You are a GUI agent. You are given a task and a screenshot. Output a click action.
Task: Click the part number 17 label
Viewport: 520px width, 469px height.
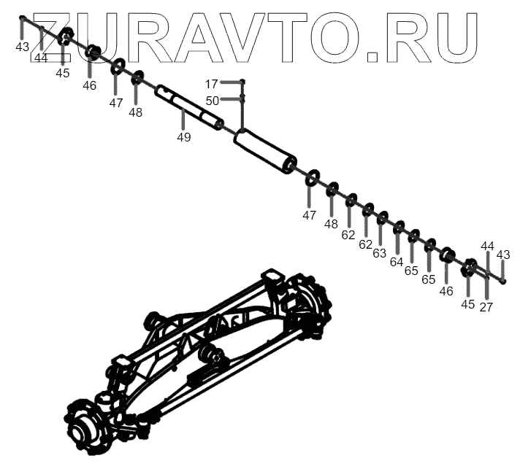pos(212,84)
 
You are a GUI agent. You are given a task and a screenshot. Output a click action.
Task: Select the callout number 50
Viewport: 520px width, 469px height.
pos(212,101)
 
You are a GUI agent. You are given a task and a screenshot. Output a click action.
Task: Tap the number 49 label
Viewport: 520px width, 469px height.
pos(183,136)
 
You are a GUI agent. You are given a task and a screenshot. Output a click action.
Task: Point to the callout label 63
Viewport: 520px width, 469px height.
pos(380,253)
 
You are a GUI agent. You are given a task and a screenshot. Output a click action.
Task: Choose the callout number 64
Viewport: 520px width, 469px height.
pos(397,262)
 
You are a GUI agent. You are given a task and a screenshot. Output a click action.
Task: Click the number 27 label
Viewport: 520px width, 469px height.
pos(486,306)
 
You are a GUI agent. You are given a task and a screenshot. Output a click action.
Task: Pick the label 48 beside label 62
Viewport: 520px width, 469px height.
pos(331,224)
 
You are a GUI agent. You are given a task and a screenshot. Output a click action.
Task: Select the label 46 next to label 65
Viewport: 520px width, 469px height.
pos(446,291)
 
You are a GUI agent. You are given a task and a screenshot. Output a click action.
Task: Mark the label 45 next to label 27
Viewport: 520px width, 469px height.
pos(467,303)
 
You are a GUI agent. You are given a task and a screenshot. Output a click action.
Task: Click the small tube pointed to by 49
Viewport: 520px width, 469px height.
pos(188,106)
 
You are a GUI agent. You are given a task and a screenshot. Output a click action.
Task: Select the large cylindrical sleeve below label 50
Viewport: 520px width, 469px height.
pos(265,151)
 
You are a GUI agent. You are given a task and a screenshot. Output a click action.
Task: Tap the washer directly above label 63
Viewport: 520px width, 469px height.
pos(382,217)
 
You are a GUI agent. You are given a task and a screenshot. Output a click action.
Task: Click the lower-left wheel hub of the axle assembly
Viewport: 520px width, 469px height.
pos(85,426)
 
